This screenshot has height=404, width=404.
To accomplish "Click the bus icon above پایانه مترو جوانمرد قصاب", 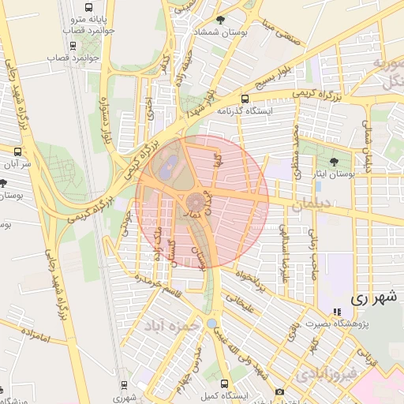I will tap(88, 7).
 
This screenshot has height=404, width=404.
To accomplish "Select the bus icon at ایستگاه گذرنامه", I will tap(245, 99).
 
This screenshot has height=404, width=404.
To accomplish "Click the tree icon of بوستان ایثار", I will tap(336, 161).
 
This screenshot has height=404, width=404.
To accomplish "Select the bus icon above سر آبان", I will tap(17, 149).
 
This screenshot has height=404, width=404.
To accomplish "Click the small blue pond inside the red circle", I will tap(166, 166).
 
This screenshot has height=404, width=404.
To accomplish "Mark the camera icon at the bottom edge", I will tap(279, 392).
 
